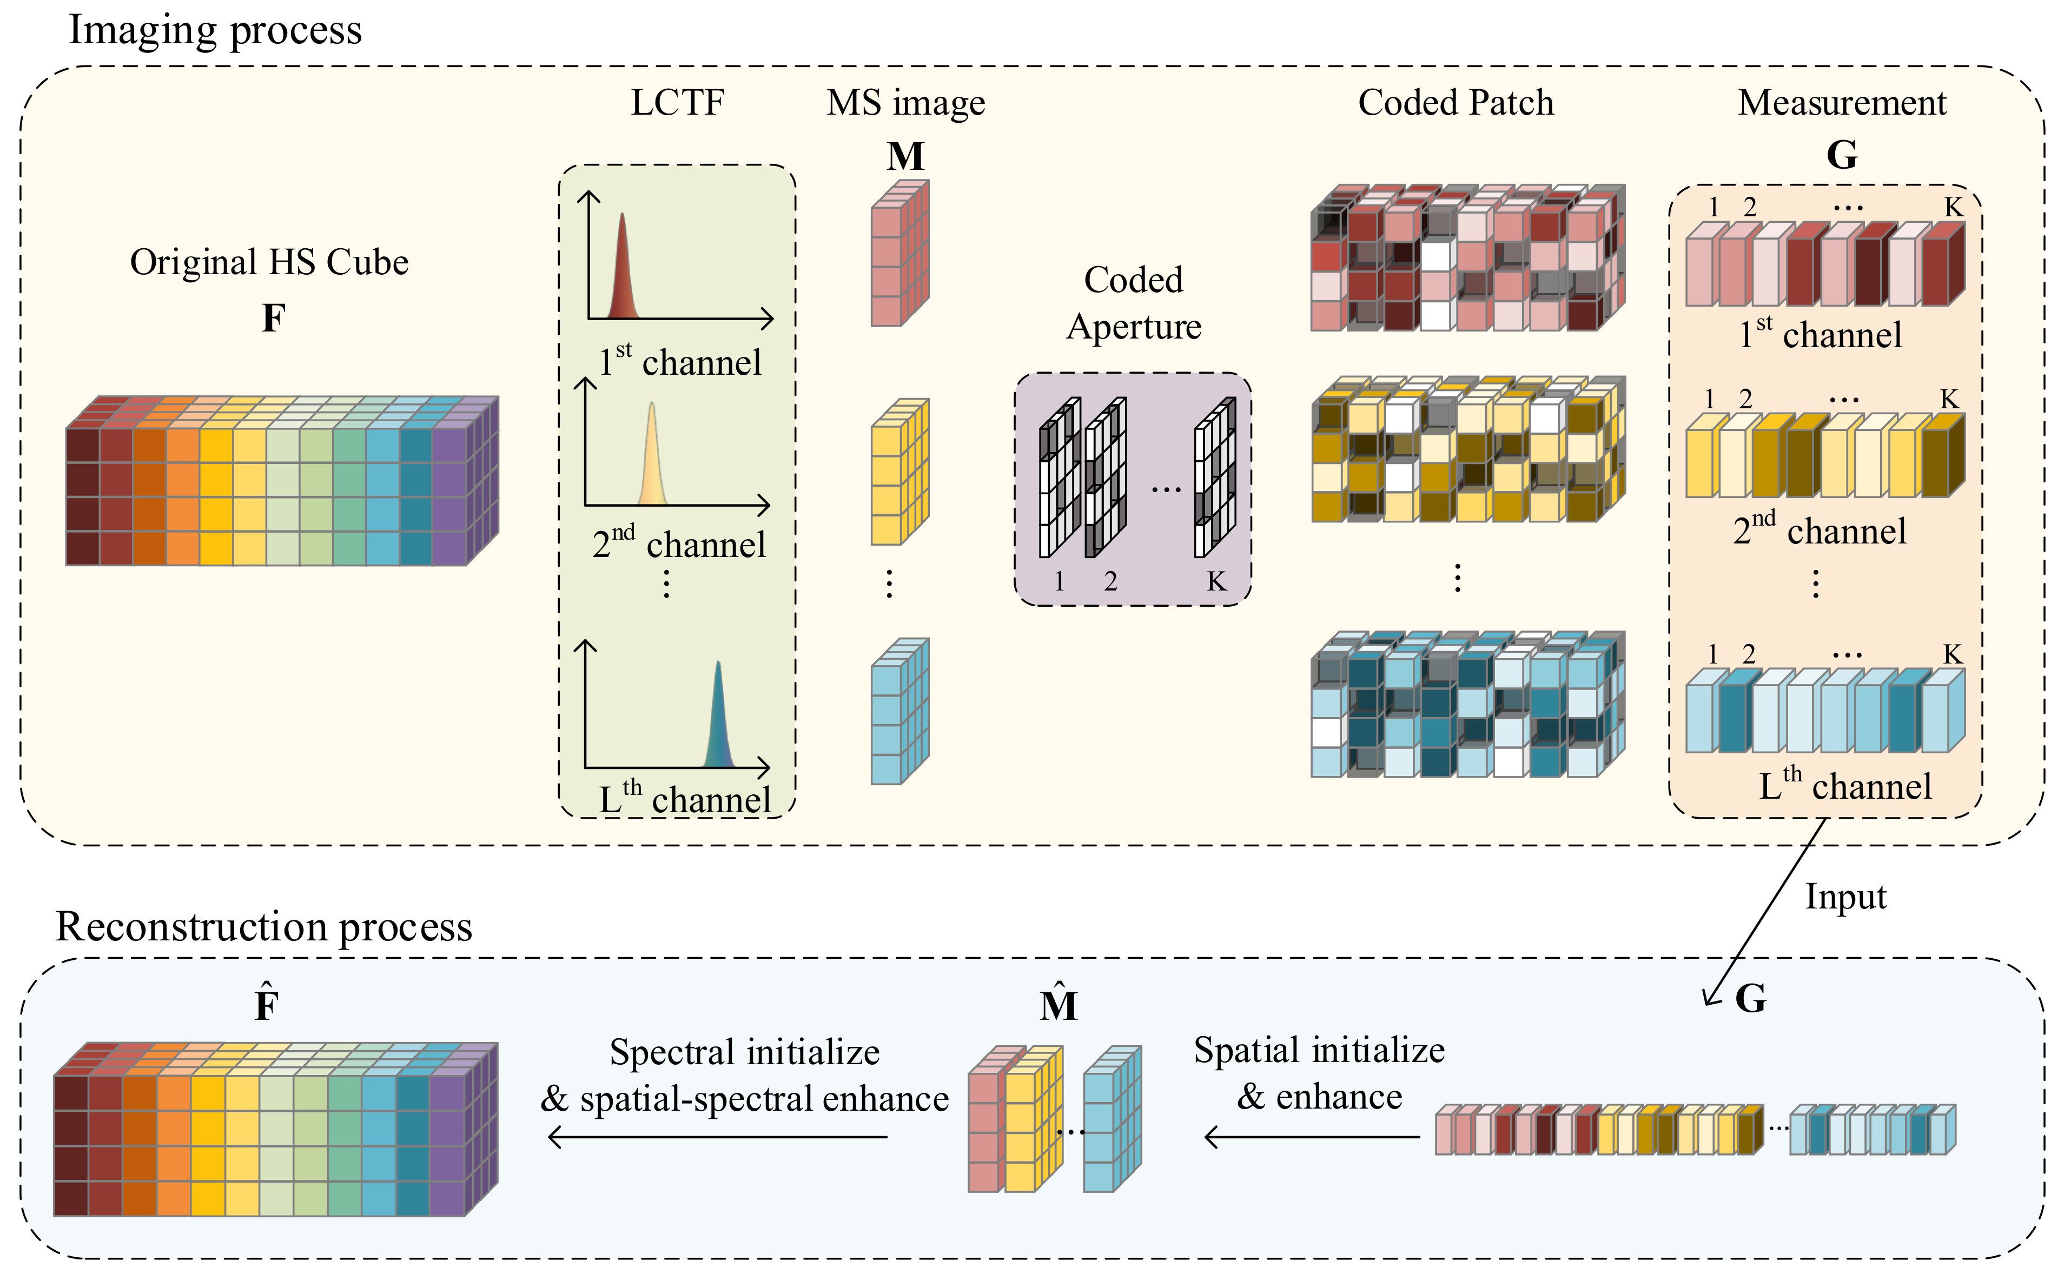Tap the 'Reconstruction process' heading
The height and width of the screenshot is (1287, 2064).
click(x=264, y=927)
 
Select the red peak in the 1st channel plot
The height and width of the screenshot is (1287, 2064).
click(x=623, y=273)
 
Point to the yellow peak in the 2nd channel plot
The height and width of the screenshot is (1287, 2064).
click(x=652, y=460)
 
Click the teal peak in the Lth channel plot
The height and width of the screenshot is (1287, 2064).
click(x=718, y=719)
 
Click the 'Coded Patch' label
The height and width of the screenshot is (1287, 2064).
click(x=1456, y=103)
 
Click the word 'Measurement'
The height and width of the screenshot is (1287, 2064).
click(x=1842, y=103)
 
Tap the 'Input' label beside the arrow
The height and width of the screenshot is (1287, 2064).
click(x=1845, y=897)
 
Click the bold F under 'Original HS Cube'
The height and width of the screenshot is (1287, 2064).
click(x=273, y=319)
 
